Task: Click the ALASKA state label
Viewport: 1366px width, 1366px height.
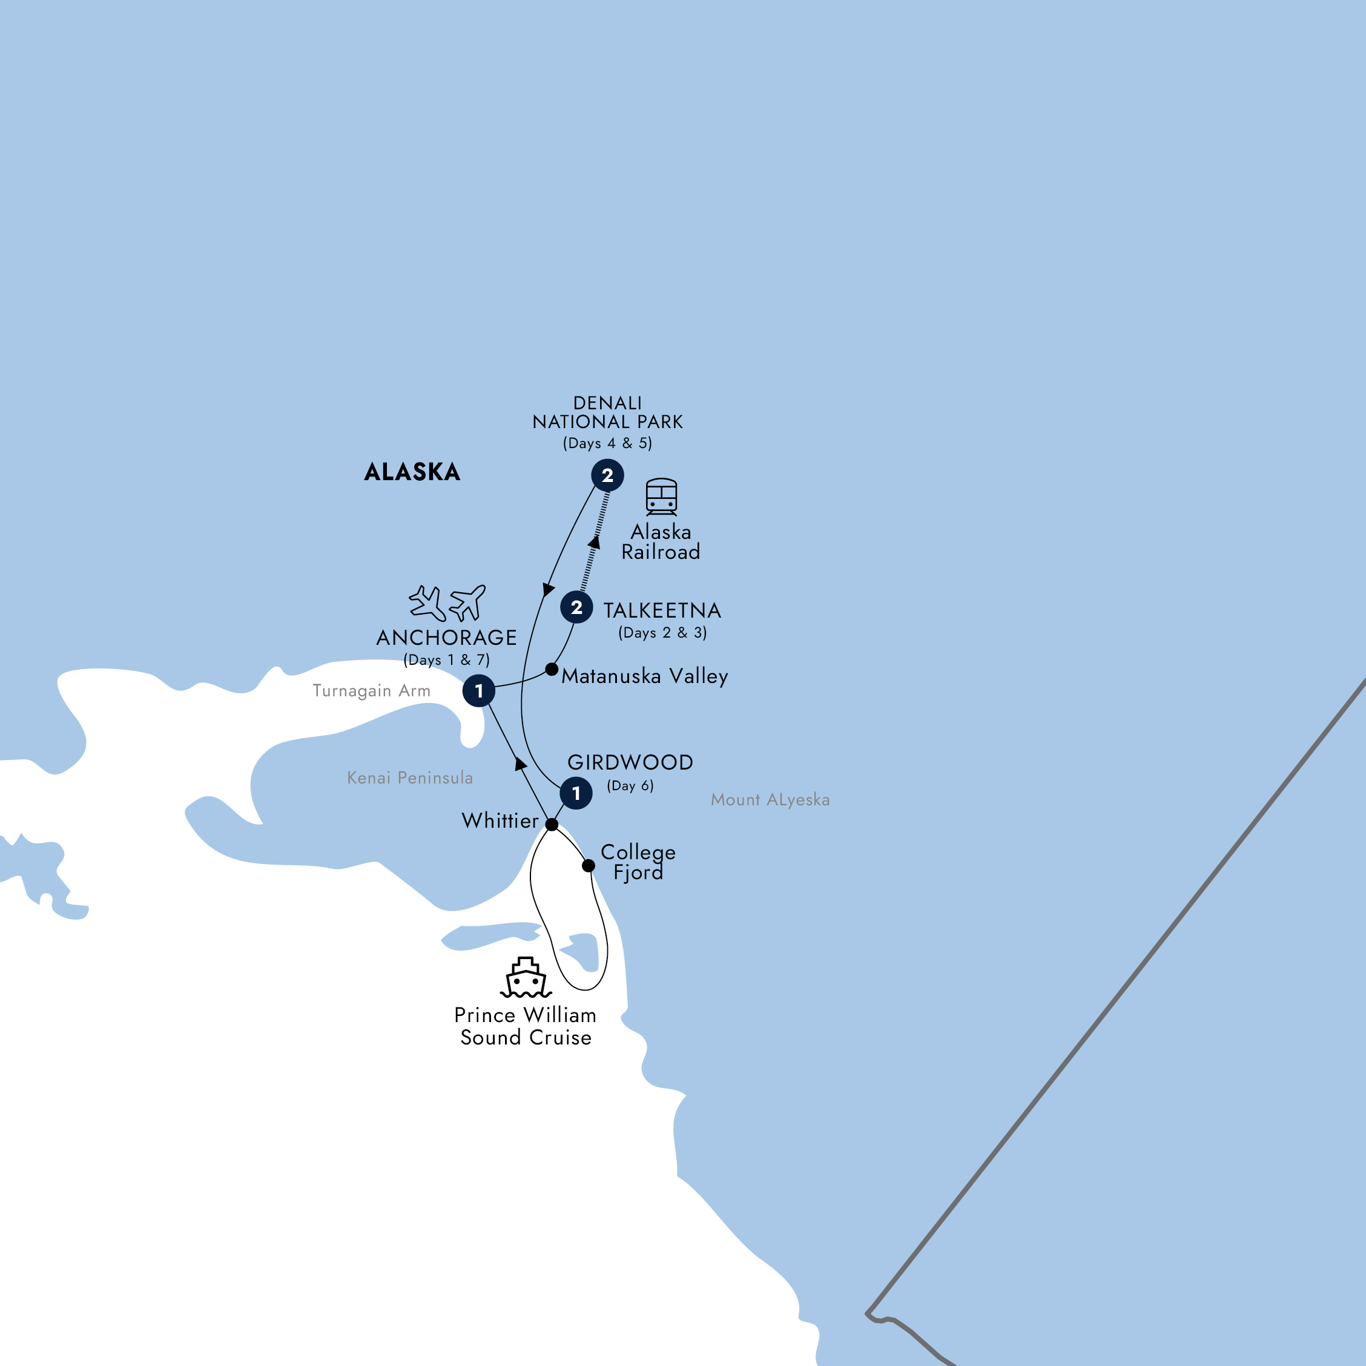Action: point(412,472)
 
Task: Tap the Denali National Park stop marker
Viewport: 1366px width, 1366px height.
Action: point(607,475)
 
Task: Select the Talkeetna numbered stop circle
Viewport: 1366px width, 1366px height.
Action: point(576,607)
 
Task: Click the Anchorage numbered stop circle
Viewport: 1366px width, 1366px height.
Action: point(479,691)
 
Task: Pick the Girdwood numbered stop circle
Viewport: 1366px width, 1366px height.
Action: point(576,793)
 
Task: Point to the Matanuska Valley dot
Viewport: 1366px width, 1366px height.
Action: point(552,669)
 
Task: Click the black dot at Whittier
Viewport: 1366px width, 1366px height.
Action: point(552,825)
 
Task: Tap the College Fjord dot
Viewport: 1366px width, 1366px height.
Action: point(589,865)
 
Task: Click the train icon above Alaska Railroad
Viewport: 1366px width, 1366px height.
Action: point(661,497)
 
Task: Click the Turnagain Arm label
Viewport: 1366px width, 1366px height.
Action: point(371,691)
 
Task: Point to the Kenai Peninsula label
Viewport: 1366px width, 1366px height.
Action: point(409,777)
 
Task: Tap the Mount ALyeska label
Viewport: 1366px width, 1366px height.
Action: point(770,800)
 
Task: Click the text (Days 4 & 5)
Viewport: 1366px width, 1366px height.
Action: point(607,443)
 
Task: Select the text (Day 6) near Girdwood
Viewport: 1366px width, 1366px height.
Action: point(630,785)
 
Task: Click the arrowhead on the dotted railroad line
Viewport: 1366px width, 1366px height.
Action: point(595,543)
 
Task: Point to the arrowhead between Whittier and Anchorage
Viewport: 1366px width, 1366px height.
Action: point(521,764)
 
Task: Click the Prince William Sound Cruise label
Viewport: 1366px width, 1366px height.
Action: point(526,1026)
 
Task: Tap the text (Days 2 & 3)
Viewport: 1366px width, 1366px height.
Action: point(662,633)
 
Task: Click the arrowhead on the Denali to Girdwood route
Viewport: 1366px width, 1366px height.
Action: point(548,589)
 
